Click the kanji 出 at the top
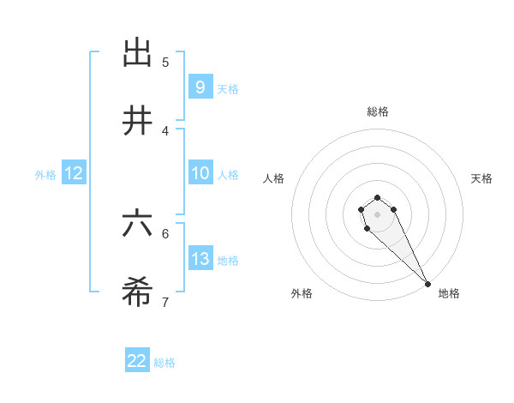coord(137,53)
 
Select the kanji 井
coord(137,122)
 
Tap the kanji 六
coord(137,225)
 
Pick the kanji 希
coord(137,293)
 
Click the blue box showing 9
coord(200,87)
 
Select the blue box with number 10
coord(200,173)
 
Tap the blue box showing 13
coord(200,259)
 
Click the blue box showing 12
coord(74,173)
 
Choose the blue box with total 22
coord(137,361)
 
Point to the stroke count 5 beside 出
coord(165,62)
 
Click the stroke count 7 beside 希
coord(165,302)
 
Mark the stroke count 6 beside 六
coord(165,233)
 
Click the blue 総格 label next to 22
coord(164,363)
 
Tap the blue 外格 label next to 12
coord(45,175)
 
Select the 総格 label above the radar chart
coord(378,111)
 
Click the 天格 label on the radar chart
coord(481,178)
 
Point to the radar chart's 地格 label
coord(449,293)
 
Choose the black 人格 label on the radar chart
coord(274,178)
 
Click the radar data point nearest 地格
coord(427,284)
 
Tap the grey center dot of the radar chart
coord(377,214)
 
